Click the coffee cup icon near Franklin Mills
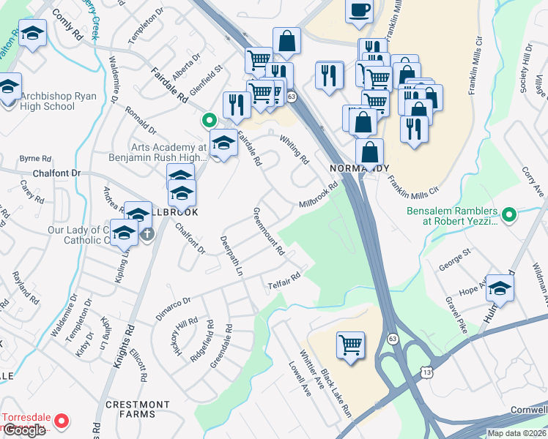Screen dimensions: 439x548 [x=359, y=10]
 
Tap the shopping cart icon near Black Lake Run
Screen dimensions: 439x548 [x=351, y=343]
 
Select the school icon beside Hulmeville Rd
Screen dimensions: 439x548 [x=500, y=288]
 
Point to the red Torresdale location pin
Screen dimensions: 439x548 [x=62, y=421]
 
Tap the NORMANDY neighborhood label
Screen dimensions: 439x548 [x=359, y=168]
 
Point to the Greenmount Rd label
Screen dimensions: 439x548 [x=269, y=230]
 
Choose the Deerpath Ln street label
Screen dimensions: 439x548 [x=231, y=255]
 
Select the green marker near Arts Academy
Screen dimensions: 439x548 [x=209, y=121]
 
